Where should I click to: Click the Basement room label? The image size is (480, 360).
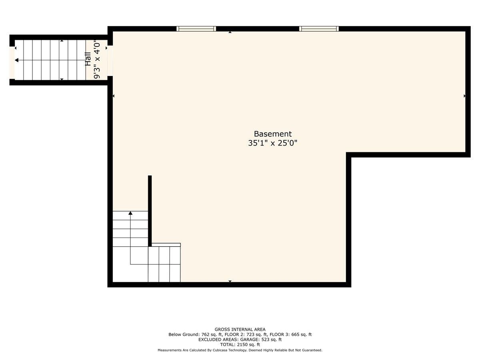pyautogui.click(x=272, y=134)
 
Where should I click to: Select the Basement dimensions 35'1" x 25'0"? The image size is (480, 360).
pyautogui.click(x=272, y=143)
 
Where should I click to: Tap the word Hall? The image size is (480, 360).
pyautogui.click(x=88, y=59)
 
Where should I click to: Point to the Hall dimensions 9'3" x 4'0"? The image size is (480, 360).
pyautogui.click(x=97, y=59)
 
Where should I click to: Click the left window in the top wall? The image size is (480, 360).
pyautogui.click(x=196, y=29)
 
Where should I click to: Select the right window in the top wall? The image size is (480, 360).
pyautogui.click(x=319, y=29)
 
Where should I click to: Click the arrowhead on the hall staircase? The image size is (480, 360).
pyautogui.click(x=16, y=60)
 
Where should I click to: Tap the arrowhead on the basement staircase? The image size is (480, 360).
pyautogui.click(x=130, y=213)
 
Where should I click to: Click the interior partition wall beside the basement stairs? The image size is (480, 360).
pyautogui.click(x=150, y=211)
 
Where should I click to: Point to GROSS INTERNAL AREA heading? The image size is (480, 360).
pyautogui.click(x=240, y=329)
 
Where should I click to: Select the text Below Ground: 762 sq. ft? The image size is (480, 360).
pyautogui.click(x=195, y=334)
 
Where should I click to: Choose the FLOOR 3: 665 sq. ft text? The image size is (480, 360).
pyautogui.click(x=291, y=334)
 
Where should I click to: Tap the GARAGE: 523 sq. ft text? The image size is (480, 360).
pyautogui.click(x=261, y=340)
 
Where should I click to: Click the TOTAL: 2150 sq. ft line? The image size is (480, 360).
pyautogui.click(x=240, y=344)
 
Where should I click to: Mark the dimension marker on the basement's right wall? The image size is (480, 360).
pyautogui.click(x=465, y=96)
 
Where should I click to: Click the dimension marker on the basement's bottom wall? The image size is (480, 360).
pyautogui.click(x=230, y=281)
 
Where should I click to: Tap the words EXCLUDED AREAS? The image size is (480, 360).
pyautogui.click(x=218, y=340)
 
